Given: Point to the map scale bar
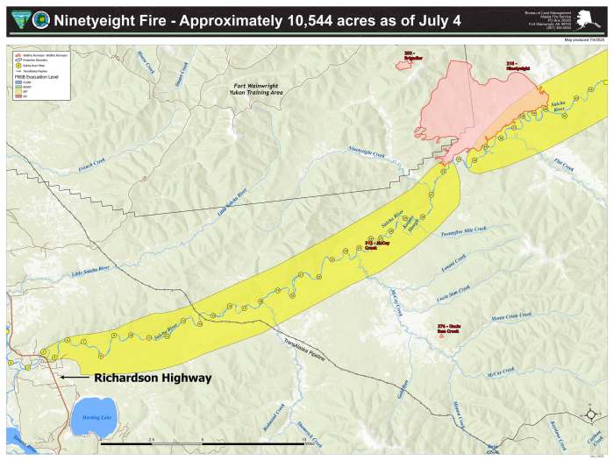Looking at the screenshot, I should click(202, 443).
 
